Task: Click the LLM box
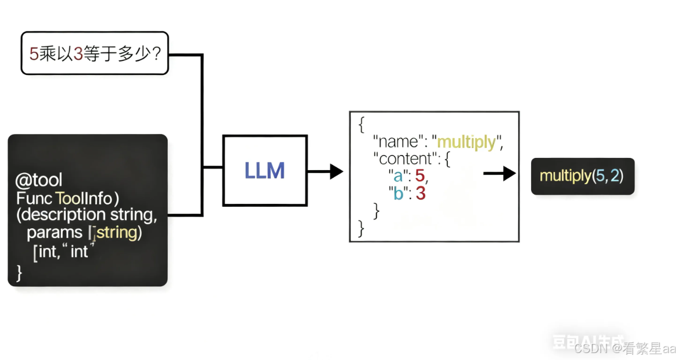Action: pyautogui.click(x=265, y=170)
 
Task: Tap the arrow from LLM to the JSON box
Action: pyautogui.click(x=325, y=171)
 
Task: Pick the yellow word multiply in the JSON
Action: pyautogui.click(x=467, y=142)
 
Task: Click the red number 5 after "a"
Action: pyautogui.click(x=420, y=175)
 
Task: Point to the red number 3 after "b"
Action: pyautogui.click(x=420, y=193)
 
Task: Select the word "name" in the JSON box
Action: pyautogui.click(x=398, y=142)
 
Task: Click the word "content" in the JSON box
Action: pyautogui.click(x=407, y=158)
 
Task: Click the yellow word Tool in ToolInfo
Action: pyautogui.click(x=69, y=198)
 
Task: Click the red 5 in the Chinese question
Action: pyautogui.click(x=34, y=54)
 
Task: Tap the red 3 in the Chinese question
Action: pyautogui.click(x=78, y=54)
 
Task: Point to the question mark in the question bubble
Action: pyautogui.click(x=155, y=54)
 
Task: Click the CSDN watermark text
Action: pyautogui.click(x=590, y=348)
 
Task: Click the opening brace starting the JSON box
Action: pyautogui.click(x=361, y=124)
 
